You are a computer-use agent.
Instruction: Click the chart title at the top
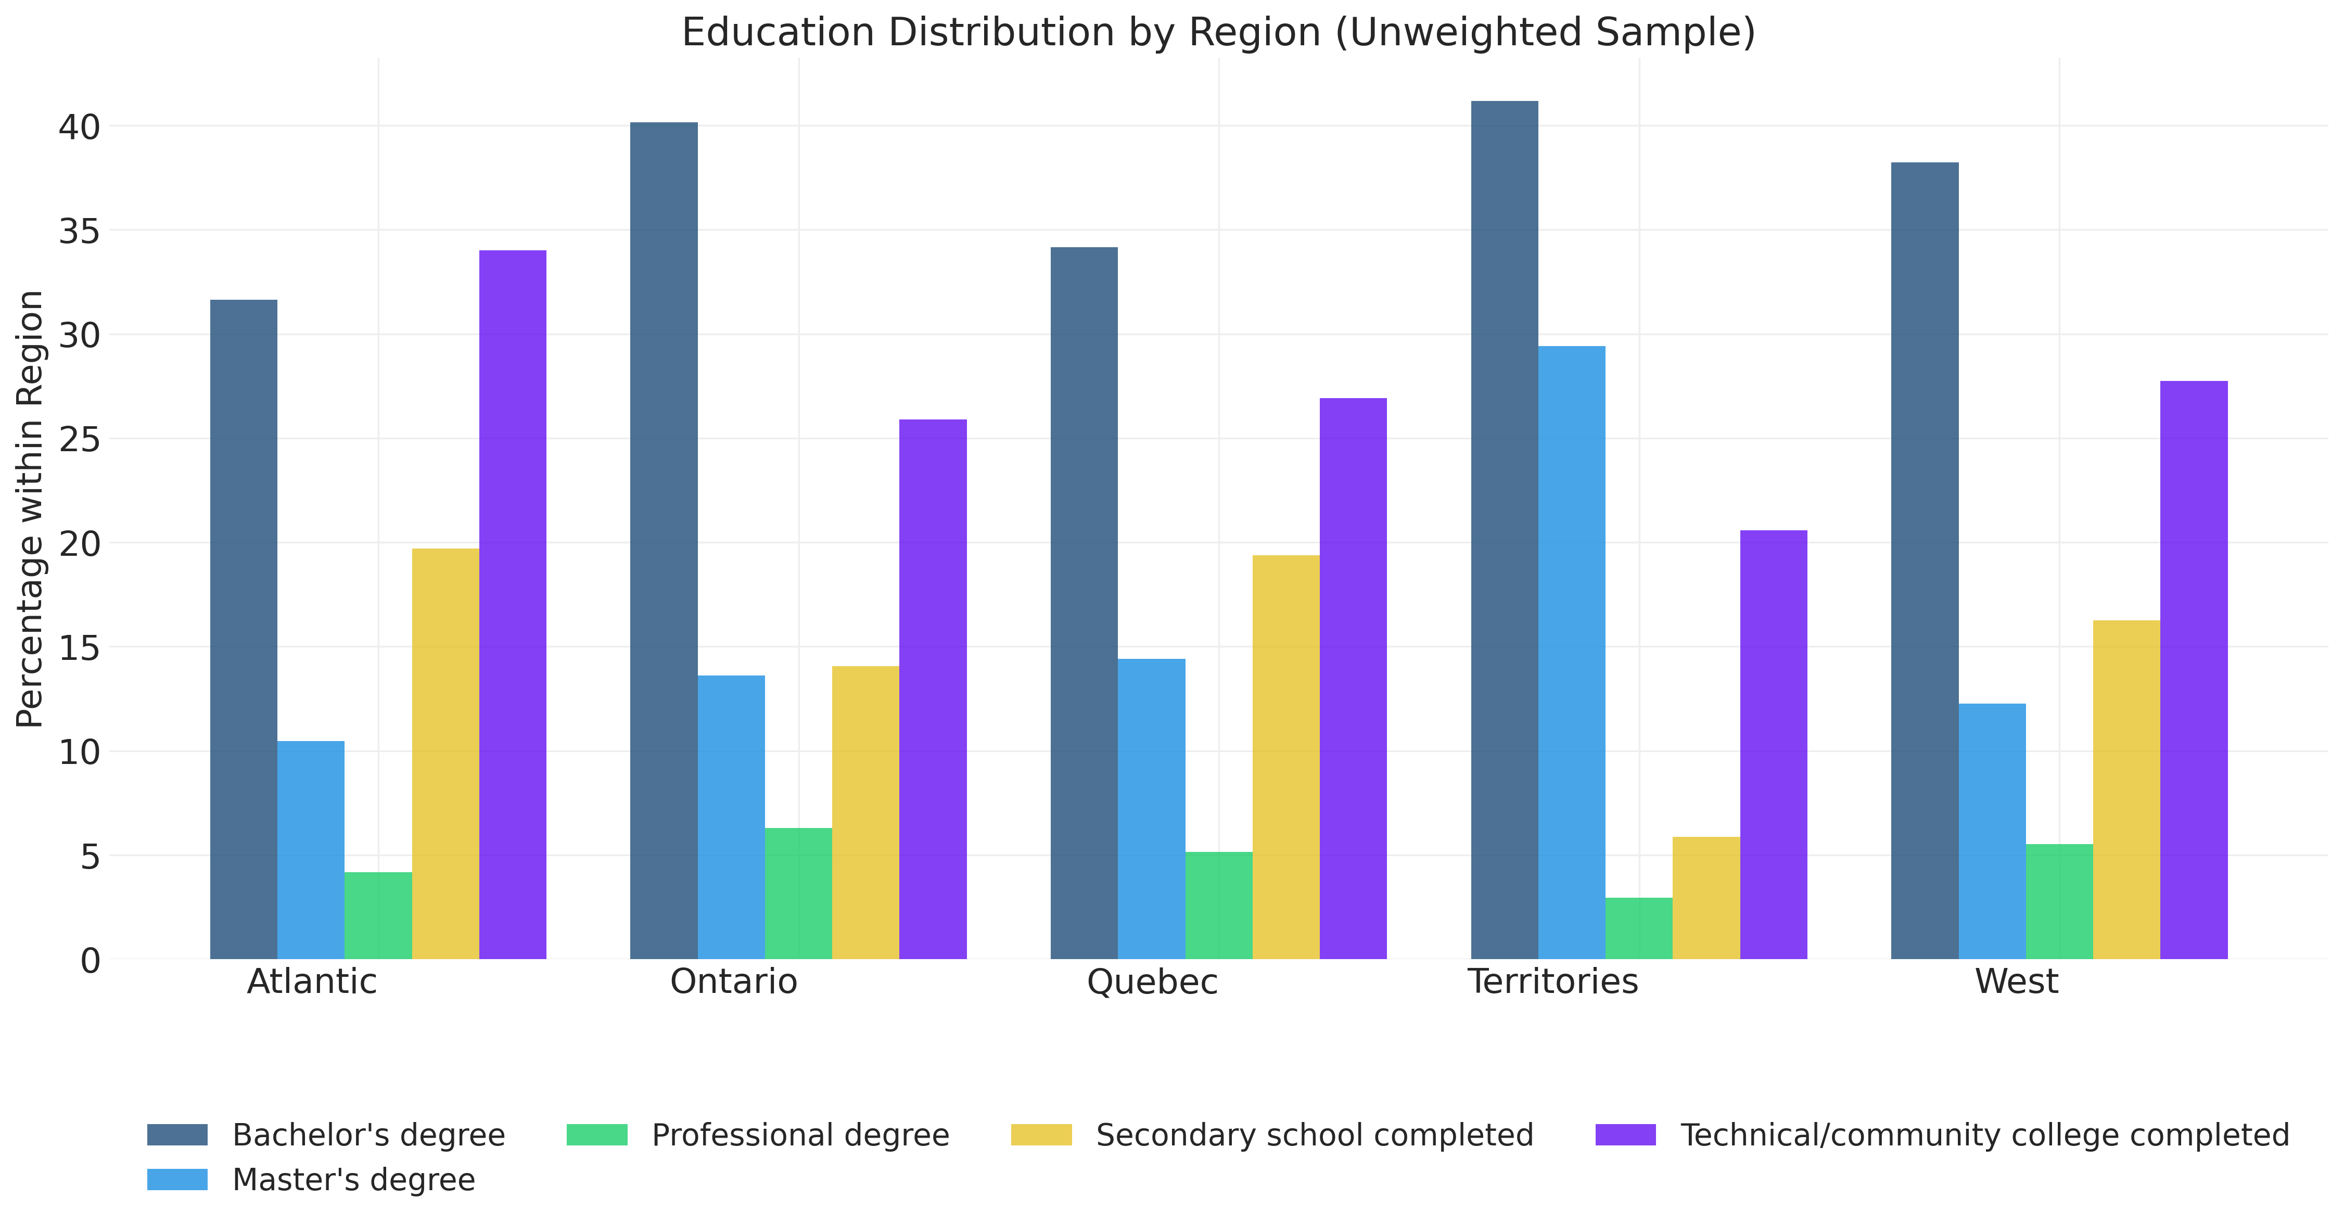(1217, 33)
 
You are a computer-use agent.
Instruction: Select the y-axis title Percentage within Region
(30, 509)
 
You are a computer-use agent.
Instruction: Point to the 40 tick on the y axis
(80, 126)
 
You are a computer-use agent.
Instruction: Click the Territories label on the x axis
(1552, 982)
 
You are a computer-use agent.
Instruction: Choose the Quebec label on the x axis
(1152, 982)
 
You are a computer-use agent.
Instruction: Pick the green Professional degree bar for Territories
(1639, 928)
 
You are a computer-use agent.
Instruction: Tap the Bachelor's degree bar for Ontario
(664, 541)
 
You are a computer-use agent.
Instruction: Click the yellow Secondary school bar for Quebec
(1286, 757)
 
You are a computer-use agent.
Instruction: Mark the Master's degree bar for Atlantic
(311, 850)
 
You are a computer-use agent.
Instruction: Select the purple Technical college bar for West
(2194, 670)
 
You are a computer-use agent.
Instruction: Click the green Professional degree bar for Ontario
(798, 894)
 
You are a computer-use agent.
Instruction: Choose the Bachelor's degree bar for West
(1925, 560)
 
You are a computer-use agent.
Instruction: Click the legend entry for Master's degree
(353, 1179)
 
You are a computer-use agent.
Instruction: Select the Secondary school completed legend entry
(1314, 1135)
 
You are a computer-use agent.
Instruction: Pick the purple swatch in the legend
(1625, 1135)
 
